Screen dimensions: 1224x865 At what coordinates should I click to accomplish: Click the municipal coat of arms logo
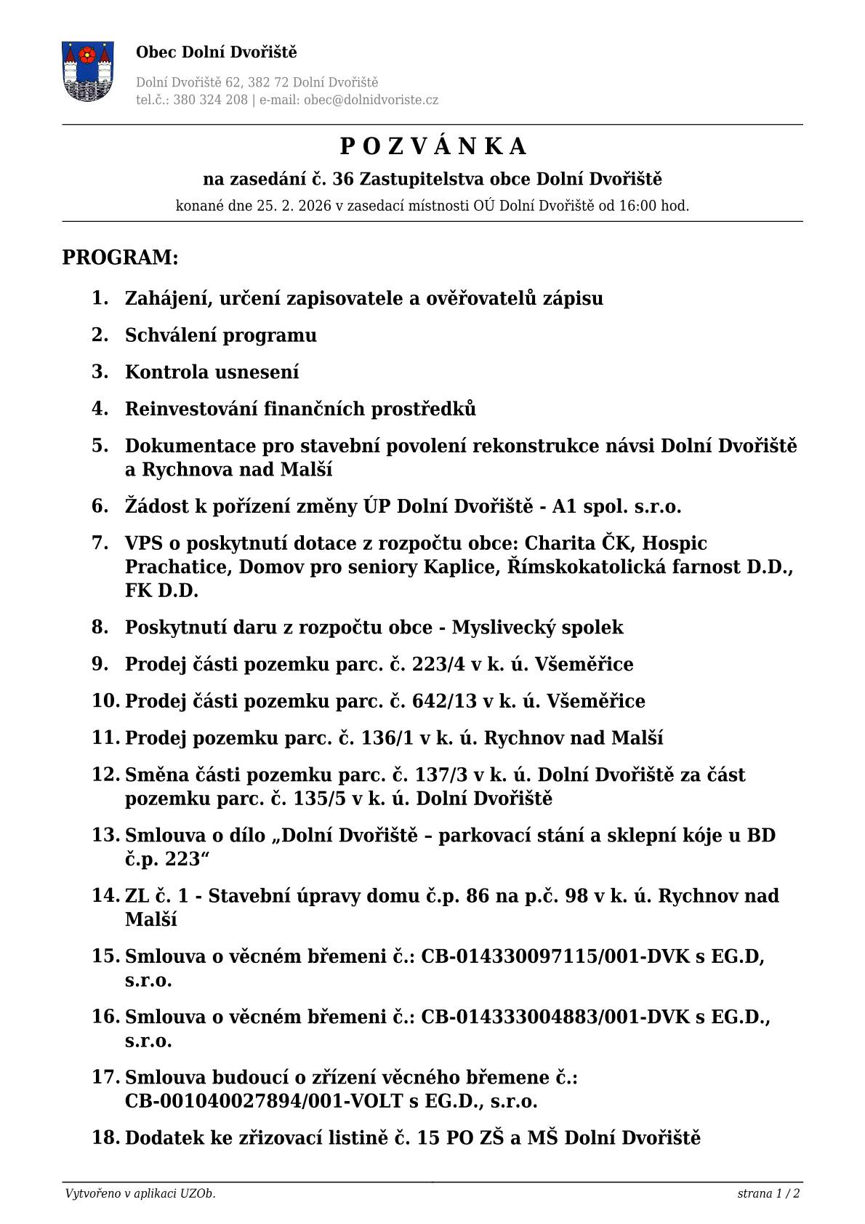88,71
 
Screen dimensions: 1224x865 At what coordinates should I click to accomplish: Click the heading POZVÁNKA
432,147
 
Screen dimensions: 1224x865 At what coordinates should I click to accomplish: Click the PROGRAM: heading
120,257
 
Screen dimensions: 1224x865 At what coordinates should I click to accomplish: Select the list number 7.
100,543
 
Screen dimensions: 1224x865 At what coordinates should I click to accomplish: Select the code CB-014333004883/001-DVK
555,1017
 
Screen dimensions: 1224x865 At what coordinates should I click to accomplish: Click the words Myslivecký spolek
537,628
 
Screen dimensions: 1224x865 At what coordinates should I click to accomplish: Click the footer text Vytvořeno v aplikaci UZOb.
140,1193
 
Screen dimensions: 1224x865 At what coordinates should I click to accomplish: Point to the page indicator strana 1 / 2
768,1193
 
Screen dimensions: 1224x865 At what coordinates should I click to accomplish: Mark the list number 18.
105,1137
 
